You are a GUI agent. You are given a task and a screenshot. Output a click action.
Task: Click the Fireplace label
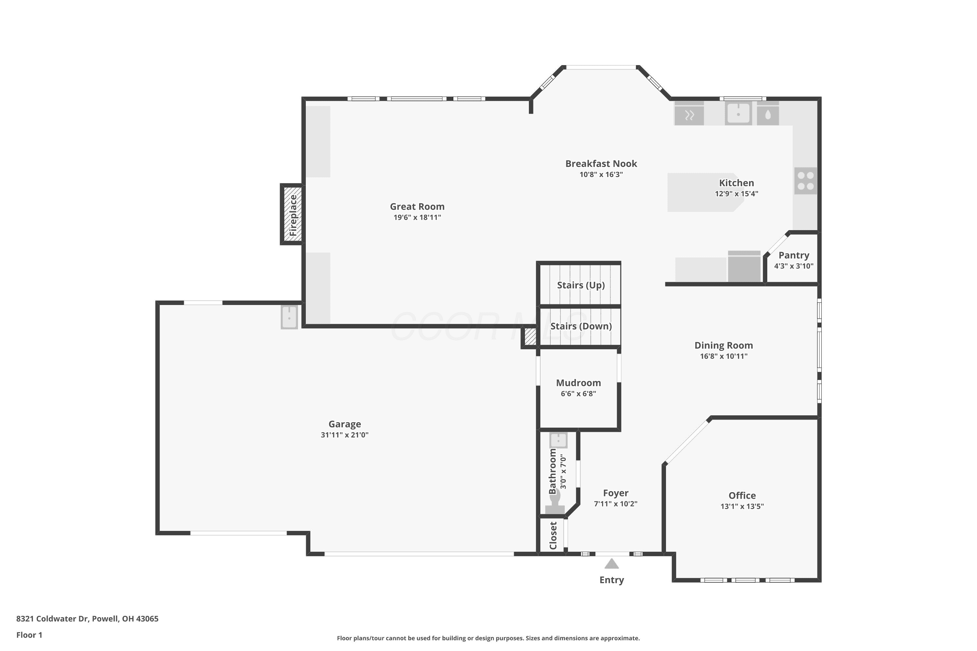point(293,215)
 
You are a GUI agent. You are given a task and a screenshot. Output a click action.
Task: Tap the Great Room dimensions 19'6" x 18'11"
point(417,217)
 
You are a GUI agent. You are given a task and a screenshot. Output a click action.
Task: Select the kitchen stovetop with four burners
point(805,181)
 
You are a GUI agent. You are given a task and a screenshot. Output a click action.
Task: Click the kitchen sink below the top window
point(738,113)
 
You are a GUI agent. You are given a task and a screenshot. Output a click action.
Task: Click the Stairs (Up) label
point(581,285)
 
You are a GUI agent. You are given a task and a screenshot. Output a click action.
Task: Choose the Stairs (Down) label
point(581,326)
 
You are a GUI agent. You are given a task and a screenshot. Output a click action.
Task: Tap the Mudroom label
point(578,383)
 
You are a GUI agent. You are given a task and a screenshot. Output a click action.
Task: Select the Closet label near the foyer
point(553,535)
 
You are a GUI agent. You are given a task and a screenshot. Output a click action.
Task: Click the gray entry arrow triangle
point(612,563)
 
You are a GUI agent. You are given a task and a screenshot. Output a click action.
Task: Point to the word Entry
point(612,580)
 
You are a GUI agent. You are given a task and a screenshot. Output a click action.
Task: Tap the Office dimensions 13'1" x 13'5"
point(742,506)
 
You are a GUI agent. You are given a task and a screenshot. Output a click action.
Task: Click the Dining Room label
point(724,345)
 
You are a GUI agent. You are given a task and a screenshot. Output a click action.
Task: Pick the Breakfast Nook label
point(601,164)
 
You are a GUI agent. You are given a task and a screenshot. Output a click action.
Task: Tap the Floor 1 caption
point(29,635)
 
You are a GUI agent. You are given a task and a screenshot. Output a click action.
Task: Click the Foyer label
point(616,493)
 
